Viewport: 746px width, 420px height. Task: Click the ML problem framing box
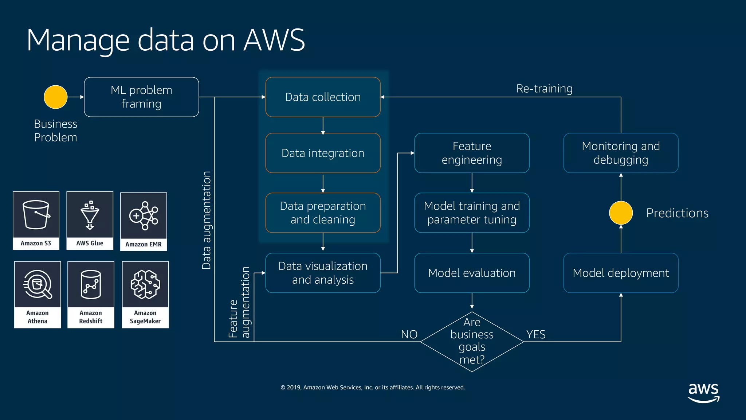(x=141, y=97)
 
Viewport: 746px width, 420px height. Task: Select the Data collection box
(x=323, y=97)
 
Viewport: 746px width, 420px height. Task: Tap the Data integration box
(x=323, y=153)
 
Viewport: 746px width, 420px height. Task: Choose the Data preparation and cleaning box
(x=323, y=213)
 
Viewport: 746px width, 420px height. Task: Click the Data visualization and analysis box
(x=323, y=273)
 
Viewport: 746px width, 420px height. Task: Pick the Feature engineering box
(x=472, y=153)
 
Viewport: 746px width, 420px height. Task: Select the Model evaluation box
(x=472, y=273)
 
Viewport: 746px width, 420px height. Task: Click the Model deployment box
(x=621, y=273)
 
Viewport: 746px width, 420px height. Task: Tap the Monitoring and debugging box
(x=621, y=153)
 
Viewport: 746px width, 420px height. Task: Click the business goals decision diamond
(x=472, y=342)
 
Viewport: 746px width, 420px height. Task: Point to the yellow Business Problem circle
(x=55, y=97)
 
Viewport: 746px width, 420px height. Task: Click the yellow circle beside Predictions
(x=621, y=213)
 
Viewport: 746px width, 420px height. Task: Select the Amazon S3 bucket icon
(x=36, y=215)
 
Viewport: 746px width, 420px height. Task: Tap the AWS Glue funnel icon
(x=90, y=215)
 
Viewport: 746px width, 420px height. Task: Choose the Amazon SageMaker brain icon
(x=145, y=285)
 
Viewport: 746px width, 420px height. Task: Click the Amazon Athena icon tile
(x=38, y=295)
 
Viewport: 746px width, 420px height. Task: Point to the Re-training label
(x=544, y=89)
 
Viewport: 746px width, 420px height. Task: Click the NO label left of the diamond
(x=409, y=334)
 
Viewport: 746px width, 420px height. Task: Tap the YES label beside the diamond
(x=536, y=334)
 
